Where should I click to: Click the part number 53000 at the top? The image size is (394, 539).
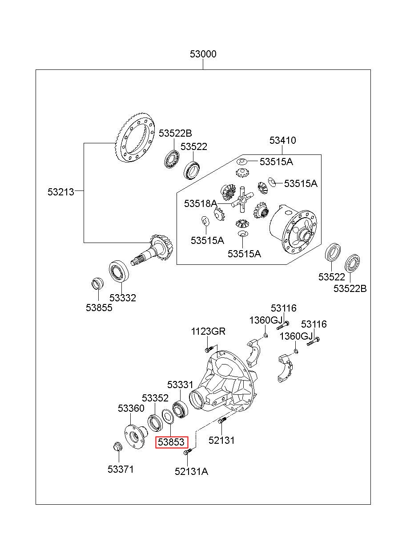coord(203,54)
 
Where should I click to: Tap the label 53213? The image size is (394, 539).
coord(61,192)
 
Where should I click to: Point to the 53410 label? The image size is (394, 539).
coord(282,140)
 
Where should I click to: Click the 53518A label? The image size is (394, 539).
coord(201,203)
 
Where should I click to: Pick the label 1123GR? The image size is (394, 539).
coord(208,331)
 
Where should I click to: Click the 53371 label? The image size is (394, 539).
coord(121,469)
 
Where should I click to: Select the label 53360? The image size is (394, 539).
coord(131,408)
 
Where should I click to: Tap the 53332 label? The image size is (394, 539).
coord(123,298)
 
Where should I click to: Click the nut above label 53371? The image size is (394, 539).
coord(117,446)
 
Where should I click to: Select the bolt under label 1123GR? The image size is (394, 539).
coord(210,349)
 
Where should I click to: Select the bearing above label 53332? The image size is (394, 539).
coord(119,271)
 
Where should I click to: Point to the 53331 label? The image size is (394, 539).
coord(180,385)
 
